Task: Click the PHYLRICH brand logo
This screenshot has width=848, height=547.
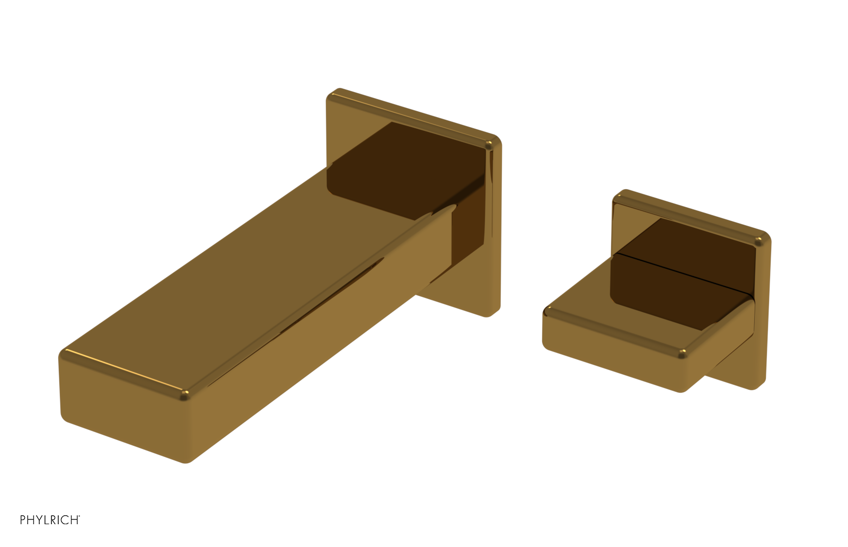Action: point(50,520)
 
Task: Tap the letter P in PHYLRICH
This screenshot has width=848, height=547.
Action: point(23,520)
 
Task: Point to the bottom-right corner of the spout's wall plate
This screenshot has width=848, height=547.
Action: point(492,313)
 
